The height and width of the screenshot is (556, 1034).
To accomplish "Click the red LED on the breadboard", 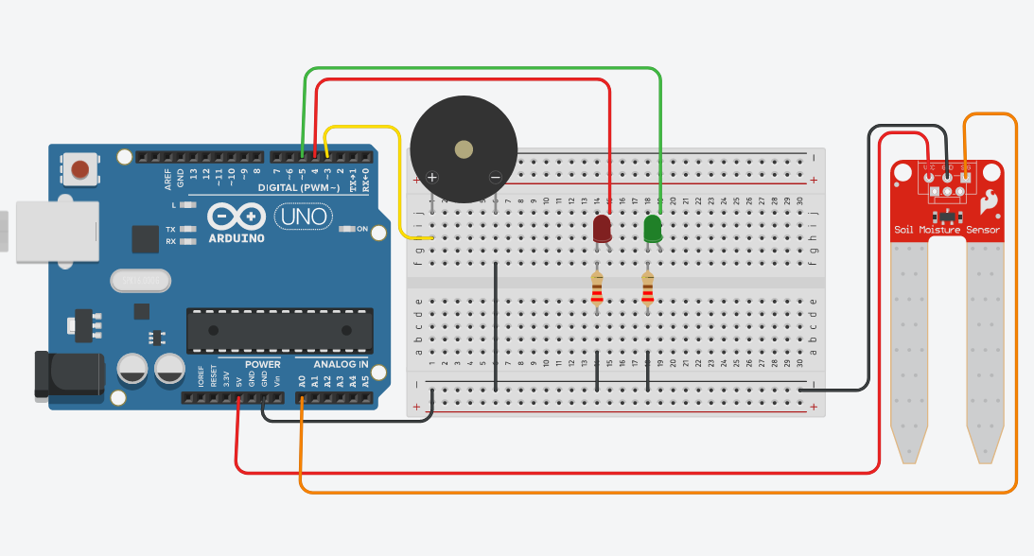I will click(602, 229).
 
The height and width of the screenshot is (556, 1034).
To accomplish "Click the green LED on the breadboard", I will click(653, 229).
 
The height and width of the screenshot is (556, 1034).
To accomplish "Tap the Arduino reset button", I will click(80, 169).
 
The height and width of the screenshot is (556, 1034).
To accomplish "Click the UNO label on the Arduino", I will click(304, 217).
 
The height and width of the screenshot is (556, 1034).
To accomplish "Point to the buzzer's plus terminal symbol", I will click(432, 177).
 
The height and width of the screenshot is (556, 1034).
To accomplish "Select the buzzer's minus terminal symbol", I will click(495, 177).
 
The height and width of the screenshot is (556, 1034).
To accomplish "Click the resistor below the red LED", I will click(597, 290).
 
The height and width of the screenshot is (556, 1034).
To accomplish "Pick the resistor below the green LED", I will click(647, 290).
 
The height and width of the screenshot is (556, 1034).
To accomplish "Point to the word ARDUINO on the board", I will click(235, 237).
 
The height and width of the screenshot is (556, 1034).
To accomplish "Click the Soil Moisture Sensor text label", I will click(947, 230).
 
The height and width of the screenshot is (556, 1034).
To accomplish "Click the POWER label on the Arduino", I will click(262, 364).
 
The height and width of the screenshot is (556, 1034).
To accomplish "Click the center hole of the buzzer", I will click(464, 148).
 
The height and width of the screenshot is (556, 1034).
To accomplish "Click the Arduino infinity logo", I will click(237, 217).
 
